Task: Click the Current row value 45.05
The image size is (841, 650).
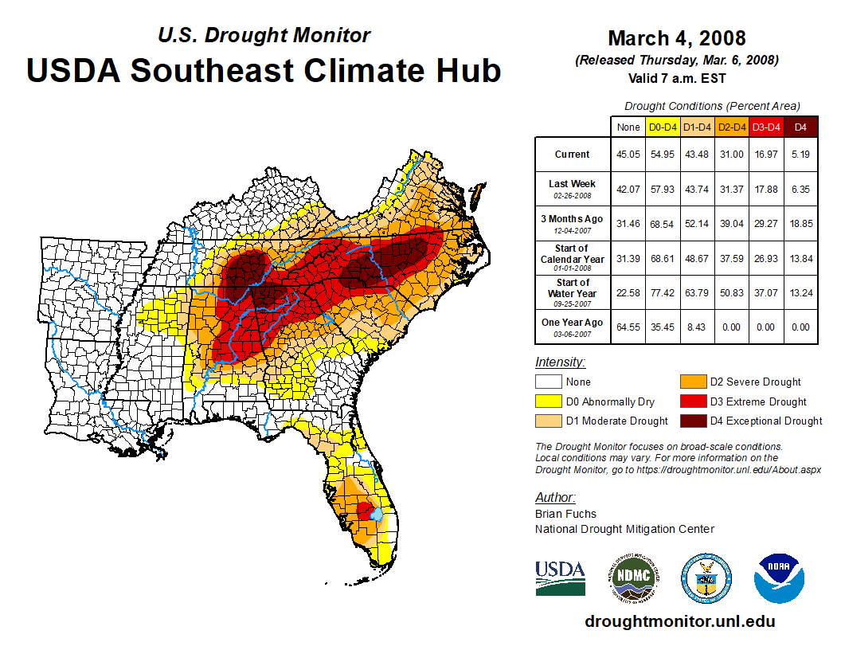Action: [628, 155]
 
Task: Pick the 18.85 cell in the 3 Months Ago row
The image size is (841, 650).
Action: [800, 224]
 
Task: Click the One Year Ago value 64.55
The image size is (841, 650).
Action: [628, 327]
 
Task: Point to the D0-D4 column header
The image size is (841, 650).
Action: [663, 127]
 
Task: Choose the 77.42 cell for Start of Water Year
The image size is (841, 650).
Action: [663, 292]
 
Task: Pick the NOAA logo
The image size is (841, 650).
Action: [780, 578]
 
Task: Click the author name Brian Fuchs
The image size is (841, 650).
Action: [565, 514]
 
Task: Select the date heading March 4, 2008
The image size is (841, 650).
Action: [676, 38]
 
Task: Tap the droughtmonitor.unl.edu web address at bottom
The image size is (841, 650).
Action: [679, 621]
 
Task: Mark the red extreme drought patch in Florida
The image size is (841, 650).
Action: [364, 509]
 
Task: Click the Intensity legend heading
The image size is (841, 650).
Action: [560, 362]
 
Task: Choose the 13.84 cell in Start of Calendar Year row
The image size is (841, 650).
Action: [800, 258]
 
